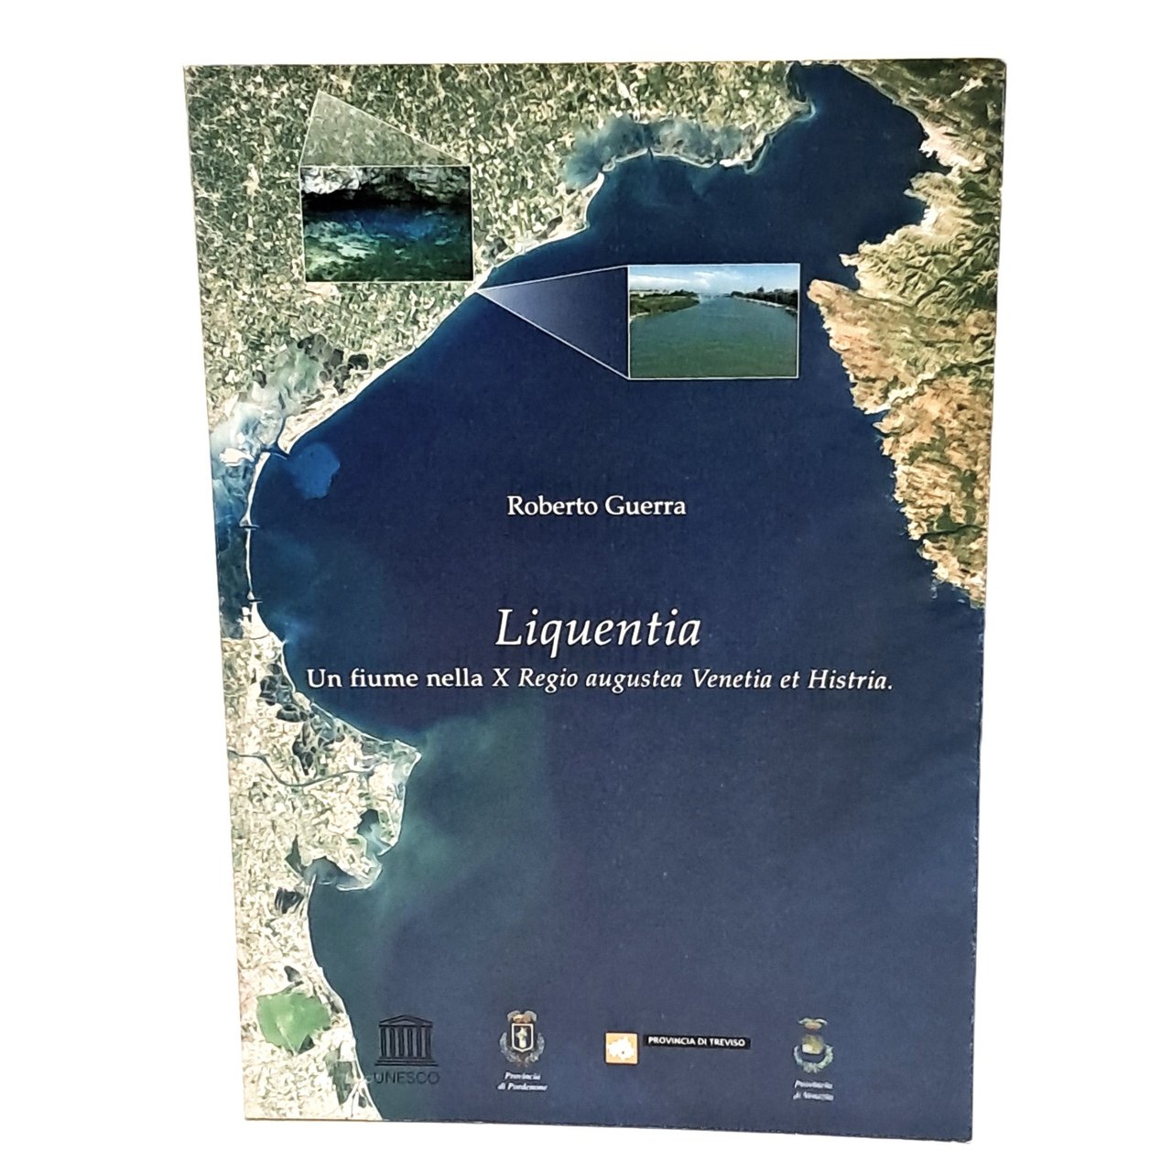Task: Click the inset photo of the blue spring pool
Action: pyautogui.click(x=385, y=222)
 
